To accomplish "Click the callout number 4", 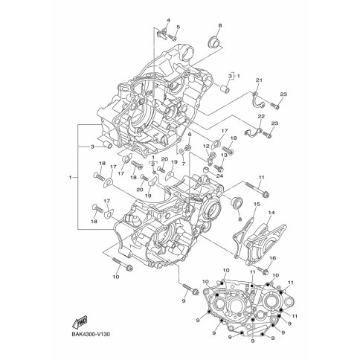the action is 168,20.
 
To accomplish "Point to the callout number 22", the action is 261,116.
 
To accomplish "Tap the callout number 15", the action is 257,204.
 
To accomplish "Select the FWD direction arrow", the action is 80,323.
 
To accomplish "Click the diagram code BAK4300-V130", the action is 91,335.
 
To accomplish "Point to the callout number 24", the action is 219,176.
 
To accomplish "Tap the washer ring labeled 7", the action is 181,151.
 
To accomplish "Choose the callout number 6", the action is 190,134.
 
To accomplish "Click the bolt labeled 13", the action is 219,169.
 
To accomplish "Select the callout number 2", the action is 153,164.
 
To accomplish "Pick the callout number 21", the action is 259,80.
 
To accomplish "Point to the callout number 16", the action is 272,258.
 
